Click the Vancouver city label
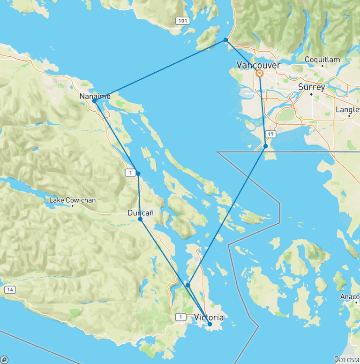(x=258, y=65)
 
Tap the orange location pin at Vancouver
(x=259, y=74)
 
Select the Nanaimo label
(x=95, y=96)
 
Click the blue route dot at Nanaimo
(x=95, y=101)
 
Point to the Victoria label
(x=209, y=318)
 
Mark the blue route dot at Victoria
(x=210, y=324)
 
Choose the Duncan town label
(x=141, y=213)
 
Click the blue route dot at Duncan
(x=140, y=219)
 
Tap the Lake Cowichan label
(x=73, y=200)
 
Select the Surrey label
(x=312, y=87)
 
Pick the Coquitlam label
(x=322, y=60)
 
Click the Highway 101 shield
(x=182, y=21)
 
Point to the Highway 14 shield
(x=9, y=290)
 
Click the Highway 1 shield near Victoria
(x=180, y=317)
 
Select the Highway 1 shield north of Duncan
(x=130, y=173)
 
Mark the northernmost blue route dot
(x=226, y=40)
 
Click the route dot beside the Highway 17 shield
(x=265, y=146)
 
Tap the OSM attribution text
(x=349, y=360)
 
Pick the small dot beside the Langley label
(x=349, y=115)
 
